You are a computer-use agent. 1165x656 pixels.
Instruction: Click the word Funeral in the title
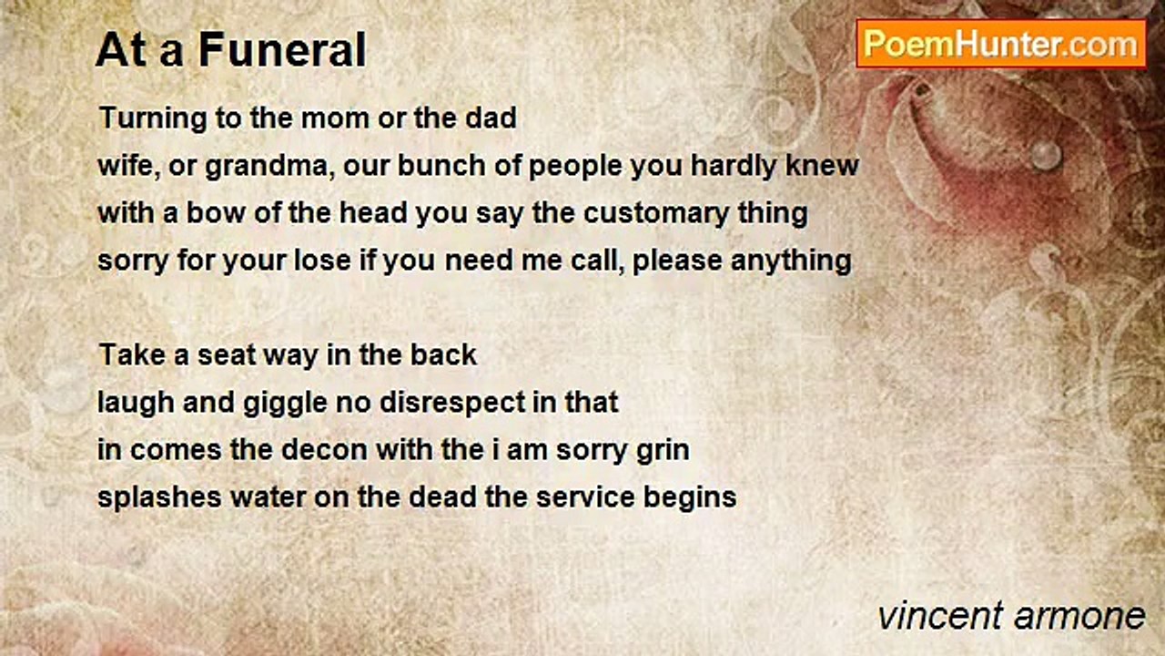point(283,50)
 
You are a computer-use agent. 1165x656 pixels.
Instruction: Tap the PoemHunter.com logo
point(1001,44)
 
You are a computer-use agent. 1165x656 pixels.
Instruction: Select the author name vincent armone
point(1011,616)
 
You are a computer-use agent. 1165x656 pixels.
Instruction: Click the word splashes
point(159,497)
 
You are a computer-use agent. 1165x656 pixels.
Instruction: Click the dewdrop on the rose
point(1046,155)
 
